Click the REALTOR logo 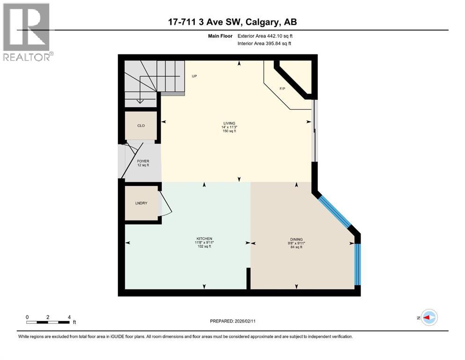(x=27, y=32)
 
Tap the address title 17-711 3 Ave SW (x=232, y=22)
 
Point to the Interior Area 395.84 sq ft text (x=265, y=44)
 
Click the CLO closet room (x=140, y=126)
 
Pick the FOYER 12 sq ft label (x=143, y=163)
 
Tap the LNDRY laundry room (x=141, y=203)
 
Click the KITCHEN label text (x=204, y=242)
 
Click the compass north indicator (x=428, y=317)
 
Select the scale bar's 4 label (x=69, y=317)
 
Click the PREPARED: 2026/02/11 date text (x=232, y=321)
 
